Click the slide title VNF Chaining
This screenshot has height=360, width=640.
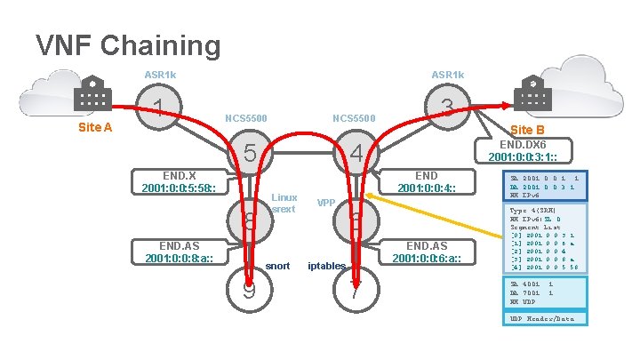(x=127, y=44)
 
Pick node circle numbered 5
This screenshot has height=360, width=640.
(x=251, y=154)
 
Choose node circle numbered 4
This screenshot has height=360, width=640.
(x=356, y=154)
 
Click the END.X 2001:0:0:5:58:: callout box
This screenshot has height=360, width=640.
(x=185, y=181)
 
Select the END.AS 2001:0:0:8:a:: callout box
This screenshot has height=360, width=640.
(x=185, y=252)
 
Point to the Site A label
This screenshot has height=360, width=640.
(x=95, y=127)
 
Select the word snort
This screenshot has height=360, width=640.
(x=278, y=266)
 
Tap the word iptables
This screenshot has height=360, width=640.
(x=326, y=266)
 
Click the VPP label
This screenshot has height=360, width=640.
(x=325, y=204)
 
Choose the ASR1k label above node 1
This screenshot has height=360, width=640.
(x=161, y=74)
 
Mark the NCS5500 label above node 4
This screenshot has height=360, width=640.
(x=354, y=118)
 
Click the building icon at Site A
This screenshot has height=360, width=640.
(x=92, y=92)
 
